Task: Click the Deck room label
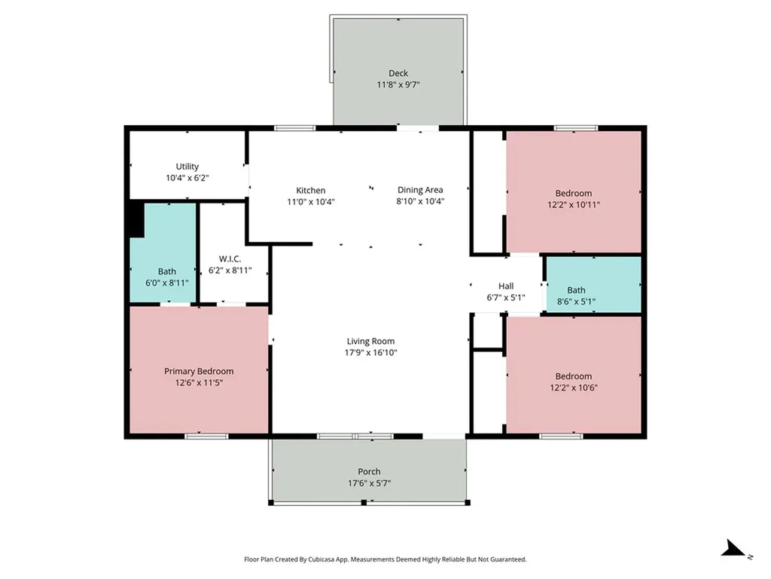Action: pyautogui.click(x=398, y=73)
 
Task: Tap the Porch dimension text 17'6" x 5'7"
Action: pyautogui.click(x=369, y=483)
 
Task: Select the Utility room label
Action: pyautogui.click(x=187, y=167)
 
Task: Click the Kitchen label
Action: pyautogui.click(x=310, y=191)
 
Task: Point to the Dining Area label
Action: pyautogui.click(x=420, y=191)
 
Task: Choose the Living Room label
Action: pyautogui.click(x=370, y=342)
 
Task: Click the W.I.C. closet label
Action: pyautogui.click(x=230, y=259)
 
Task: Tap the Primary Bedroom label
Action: pyautogui.click(x=199, y=371)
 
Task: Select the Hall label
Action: pyautogui.click(x=506, y=286)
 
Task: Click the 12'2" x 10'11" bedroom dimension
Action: pyautogui.click(x=574, y=204)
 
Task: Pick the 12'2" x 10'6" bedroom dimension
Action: pyautogui.click(x=574, y=388)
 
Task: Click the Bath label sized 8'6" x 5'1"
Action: pyautogui.click(x=576, y=290)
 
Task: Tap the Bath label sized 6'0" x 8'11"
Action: pyautogui.click(x=167, y=271)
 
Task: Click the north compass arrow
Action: pyautogui.click(x=733, y=550)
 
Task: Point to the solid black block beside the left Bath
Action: pyautogui.click(x=135, y=219)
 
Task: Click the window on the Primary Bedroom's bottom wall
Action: pyautogui.click(x=206, y=436)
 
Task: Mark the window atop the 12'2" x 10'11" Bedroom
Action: pyautogui.click(x=576, y=128)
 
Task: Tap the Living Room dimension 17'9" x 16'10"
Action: pyautogui.click(x=370, y=353)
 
